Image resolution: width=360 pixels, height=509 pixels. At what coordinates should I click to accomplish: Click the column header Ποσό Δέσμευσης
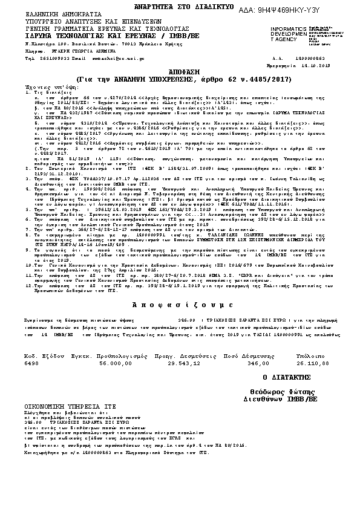249,356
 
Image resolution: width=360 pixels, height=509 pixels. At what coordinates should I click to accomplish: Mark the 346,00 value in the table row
258,363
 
